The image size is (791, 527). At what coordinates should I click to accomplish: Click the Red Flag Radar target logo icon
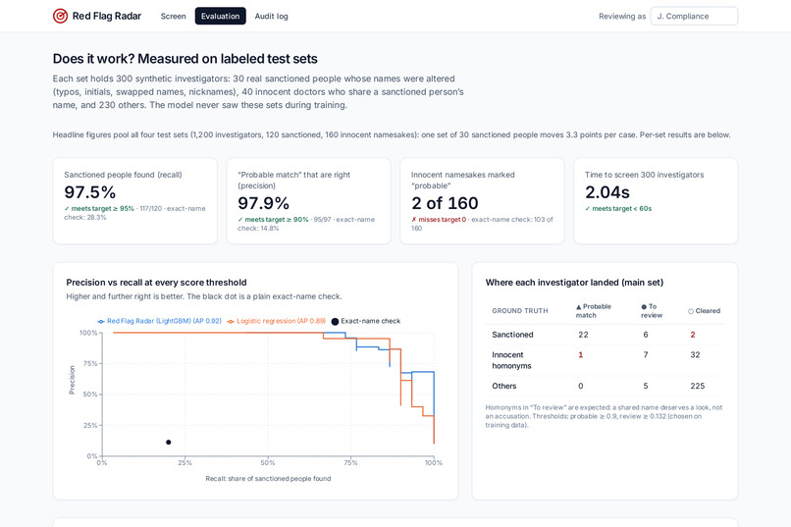pyautogui.click(x=60, y=16)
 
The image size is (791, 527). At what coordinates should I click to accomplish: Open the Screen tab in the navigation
pyautogui.click(x=173, y=16)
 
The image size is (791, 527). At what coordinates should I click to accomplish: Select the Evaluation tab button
pyautogui.click(x=221, y=16)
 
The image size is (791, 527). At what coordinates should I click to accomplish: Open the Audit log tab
pyautogui.click(x=272, y=16)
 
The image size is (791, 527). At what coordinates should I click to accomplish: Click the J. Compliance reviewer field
pyautogui.click(x=694, y=16)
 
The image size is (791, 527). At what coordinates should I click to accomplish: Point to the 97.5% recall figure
pyautogui.click(x=89, y=192)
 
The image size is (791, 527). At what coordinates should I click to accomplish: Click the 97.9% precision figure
pyautogui.click(x=263, y=203)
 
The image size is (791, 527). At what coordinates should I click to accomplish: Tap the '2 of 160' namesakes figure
pyautogui.click(x=445, y=203)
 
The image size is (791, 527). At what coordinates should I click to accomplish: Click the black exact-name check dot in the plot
pyautogui.click(x=169, y=443)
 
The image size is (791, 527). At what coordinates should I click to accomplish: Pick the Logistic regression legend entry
pyautogui.click(x=277, y=321)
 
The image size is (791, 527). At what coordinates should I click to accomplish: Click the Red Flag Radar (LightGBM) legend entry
pyautogui.click(x=159, y=321)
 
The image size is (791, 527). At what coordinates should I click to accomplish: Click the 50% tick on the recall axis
pyautogui.click(x=268, y=462)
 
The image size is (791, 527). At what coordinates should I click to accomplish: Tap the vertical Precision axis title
pyautogui.click(x=72, y=380)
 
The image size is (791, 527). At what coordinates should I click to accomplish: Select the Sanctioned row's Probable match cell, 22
pyautogui.click(x=583, y=335)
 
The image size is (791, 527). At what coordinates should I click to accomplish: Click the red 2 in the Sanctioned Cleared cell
pyautogui.click(x=693, y=335)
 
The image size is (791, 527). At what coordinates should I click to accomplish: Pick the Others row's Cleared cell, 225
pyautogui.click(x=698, y=386)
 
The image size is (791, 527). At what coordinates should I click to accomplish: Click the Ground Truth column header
pyautogui.click(x=519, y=311)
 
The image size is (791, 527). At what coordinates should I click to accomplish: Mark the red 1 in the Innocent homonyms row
pyautogui.click(x=581, y=355)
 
